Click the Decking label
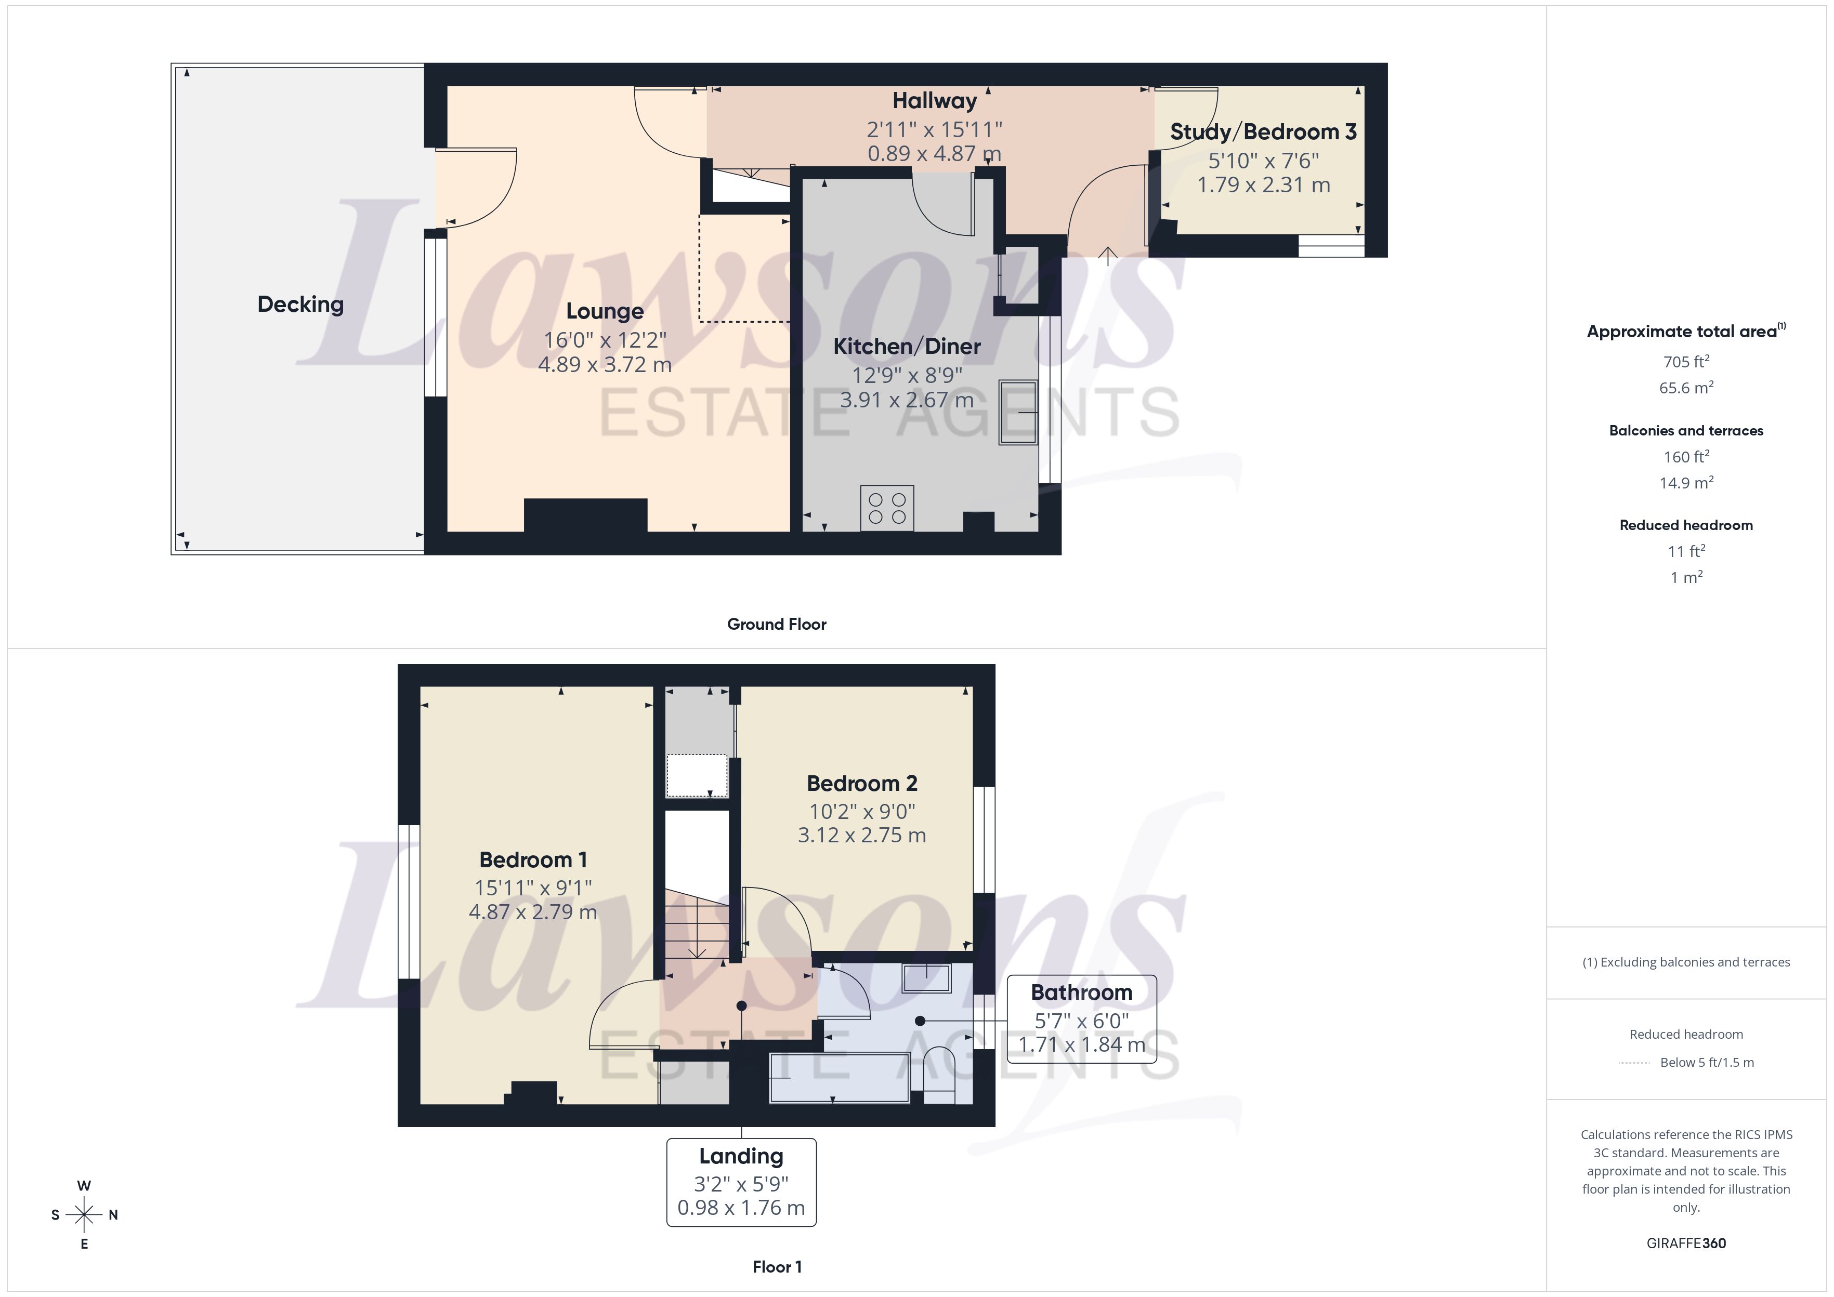[300, 305]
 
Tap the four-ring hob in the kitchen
[887, 508]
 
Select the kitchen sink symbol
[1018, 412]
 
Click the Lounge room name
[605, 311]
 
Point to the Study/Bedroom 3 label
[1263, 132]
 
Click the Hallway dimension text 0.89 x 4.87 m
[934, 153]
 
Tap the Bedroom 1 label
[533, 860]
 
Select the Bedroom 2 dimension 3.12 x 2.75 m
[862, 836]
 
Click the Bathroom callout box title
[1081, 992]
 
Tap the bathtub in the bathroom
[839, 1078]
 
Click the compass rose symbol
[84, 1215]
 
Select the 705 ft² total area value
[1685, 362]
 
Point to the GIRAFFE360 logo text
[1685, 1243]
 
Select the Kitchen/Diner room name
[907, 347]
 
